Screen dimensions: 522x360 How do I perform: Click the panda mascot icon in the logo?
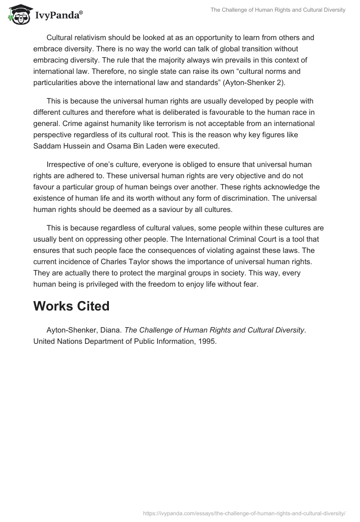pyautogui.click(x=18, y=14)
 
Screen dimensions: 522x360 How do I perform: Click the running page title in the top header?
pyautogui.click(x=278, y=10)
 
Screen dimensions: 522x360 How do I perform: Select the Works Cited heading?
pyautogui.click(x=72, y=306)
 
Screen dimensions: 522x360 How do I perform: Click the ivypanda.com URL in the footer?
pyautogui.click(x=244, y=513)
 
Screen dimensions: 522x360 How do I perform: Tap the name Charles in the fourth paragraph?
pyautogui.click(x=113, y=261)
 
